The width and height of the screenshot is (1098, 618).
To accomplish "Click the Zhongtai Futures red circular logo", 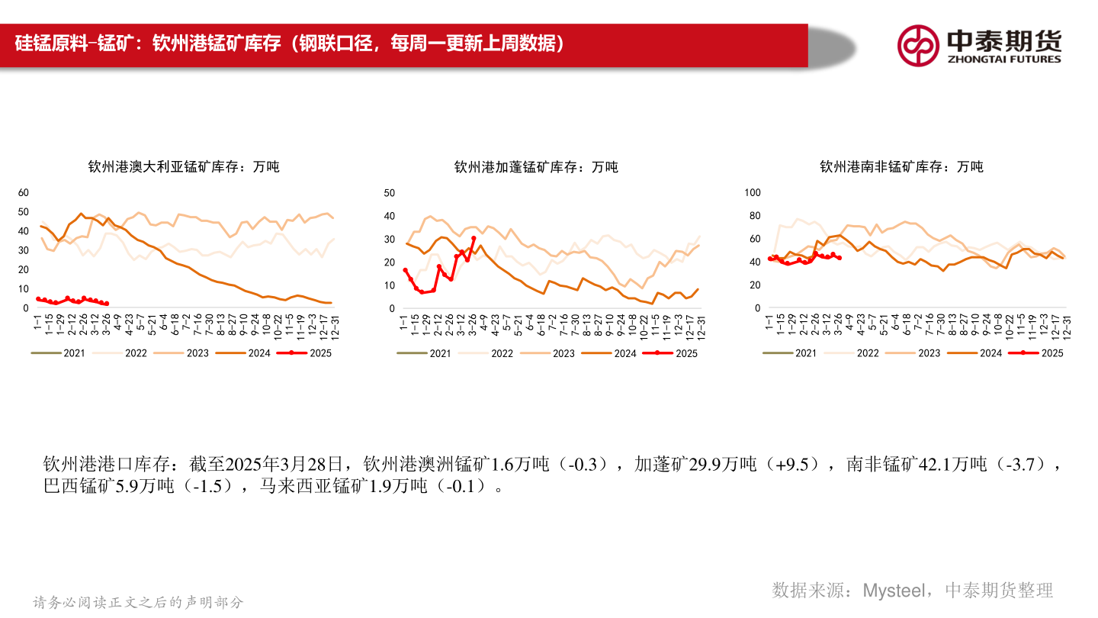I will click(918, 46).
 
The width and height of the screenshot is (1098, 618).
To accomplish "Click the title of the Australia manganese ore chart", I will click(184, 166).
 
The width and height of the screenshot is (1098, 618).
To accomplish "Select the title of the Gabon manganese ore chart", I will click(536, 166).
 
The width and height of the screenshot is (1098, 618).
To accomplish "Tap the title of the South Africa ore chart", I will click(901, 166).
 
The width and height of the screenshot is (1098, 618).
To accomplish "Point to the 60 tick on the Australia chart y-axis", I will click(23, 192).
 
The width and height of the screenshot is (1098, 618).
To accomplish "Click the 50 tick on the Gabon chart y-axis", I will click(389, 192).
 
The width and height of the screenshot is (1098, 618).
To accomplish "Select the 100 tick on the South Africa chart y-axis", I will click(752, 192).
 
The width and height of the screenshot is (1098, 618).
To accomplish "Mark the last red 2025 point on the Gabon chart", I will click(474, 238).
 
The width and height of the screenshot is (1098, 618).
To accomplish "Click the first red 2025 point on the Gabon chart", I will click(405, 270).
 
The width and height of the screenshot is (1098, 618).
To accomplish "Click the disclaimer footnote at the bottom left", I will click(139, 603).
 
